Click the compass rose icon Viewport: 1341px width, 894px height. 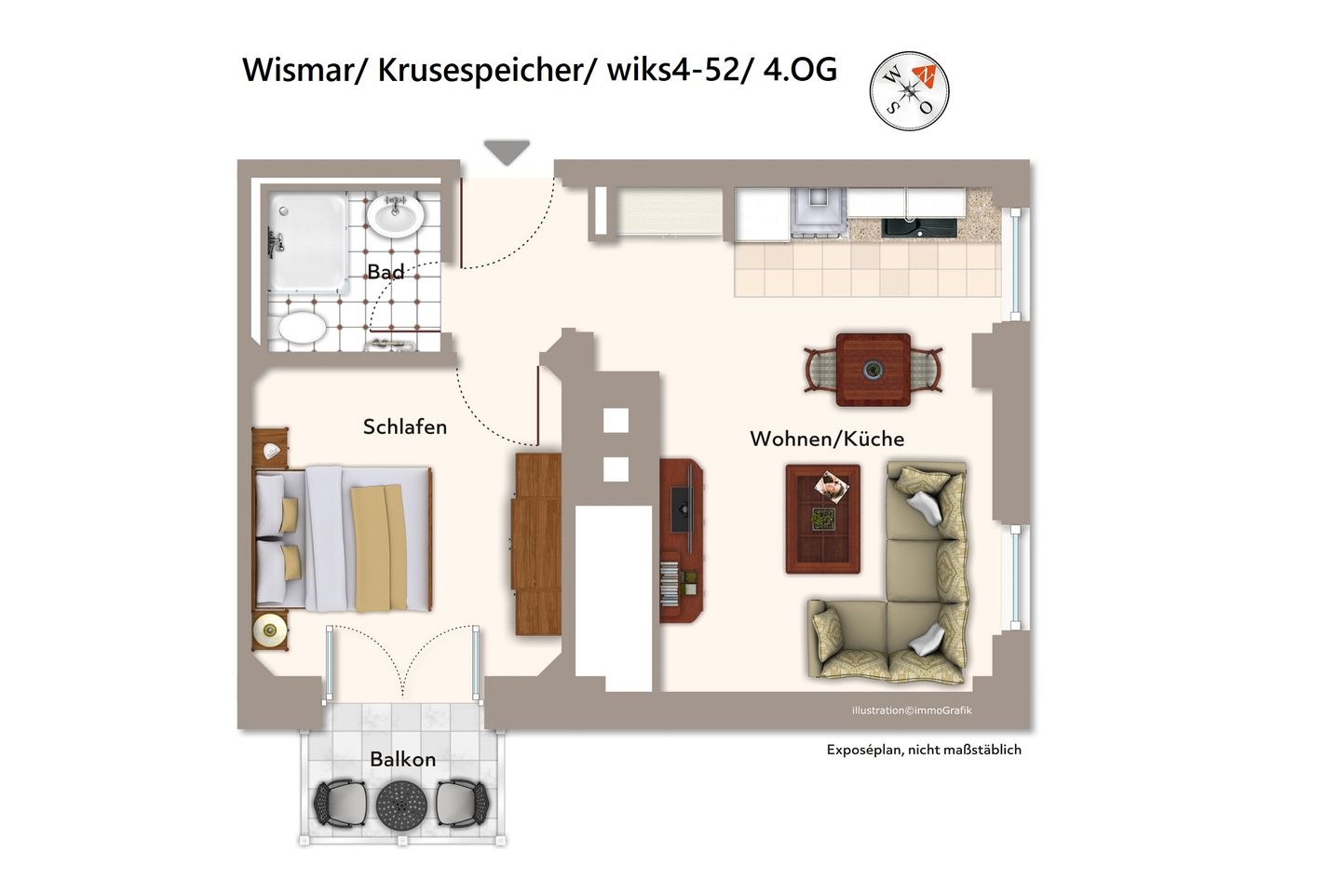909,90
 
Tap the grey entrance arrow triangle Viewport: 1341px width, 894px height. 507,151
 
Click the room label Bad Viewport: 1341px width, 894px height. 386,272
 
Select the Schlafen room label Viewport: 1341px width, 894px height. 405,427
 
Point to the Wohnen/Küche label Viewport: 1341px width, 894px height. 827,439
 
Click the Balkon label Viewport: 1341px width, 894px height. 402,759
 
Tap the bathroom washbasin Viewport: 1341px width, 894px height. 395,216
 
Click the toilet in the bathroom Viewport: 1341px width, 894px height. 303,328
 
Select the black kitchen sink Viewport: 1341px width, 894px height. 920,226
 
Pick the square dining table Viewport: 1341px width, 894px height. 874,370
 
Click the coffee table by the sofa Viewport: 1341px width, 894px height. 822,519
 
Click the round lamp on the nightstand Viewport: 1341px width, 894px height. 270,631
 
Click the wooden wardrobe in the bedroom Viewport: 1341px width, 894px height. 537,545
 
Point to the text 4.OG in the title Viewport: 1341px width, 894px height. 800,69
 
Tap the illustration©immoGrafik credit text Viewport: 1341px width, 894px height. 912,711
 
